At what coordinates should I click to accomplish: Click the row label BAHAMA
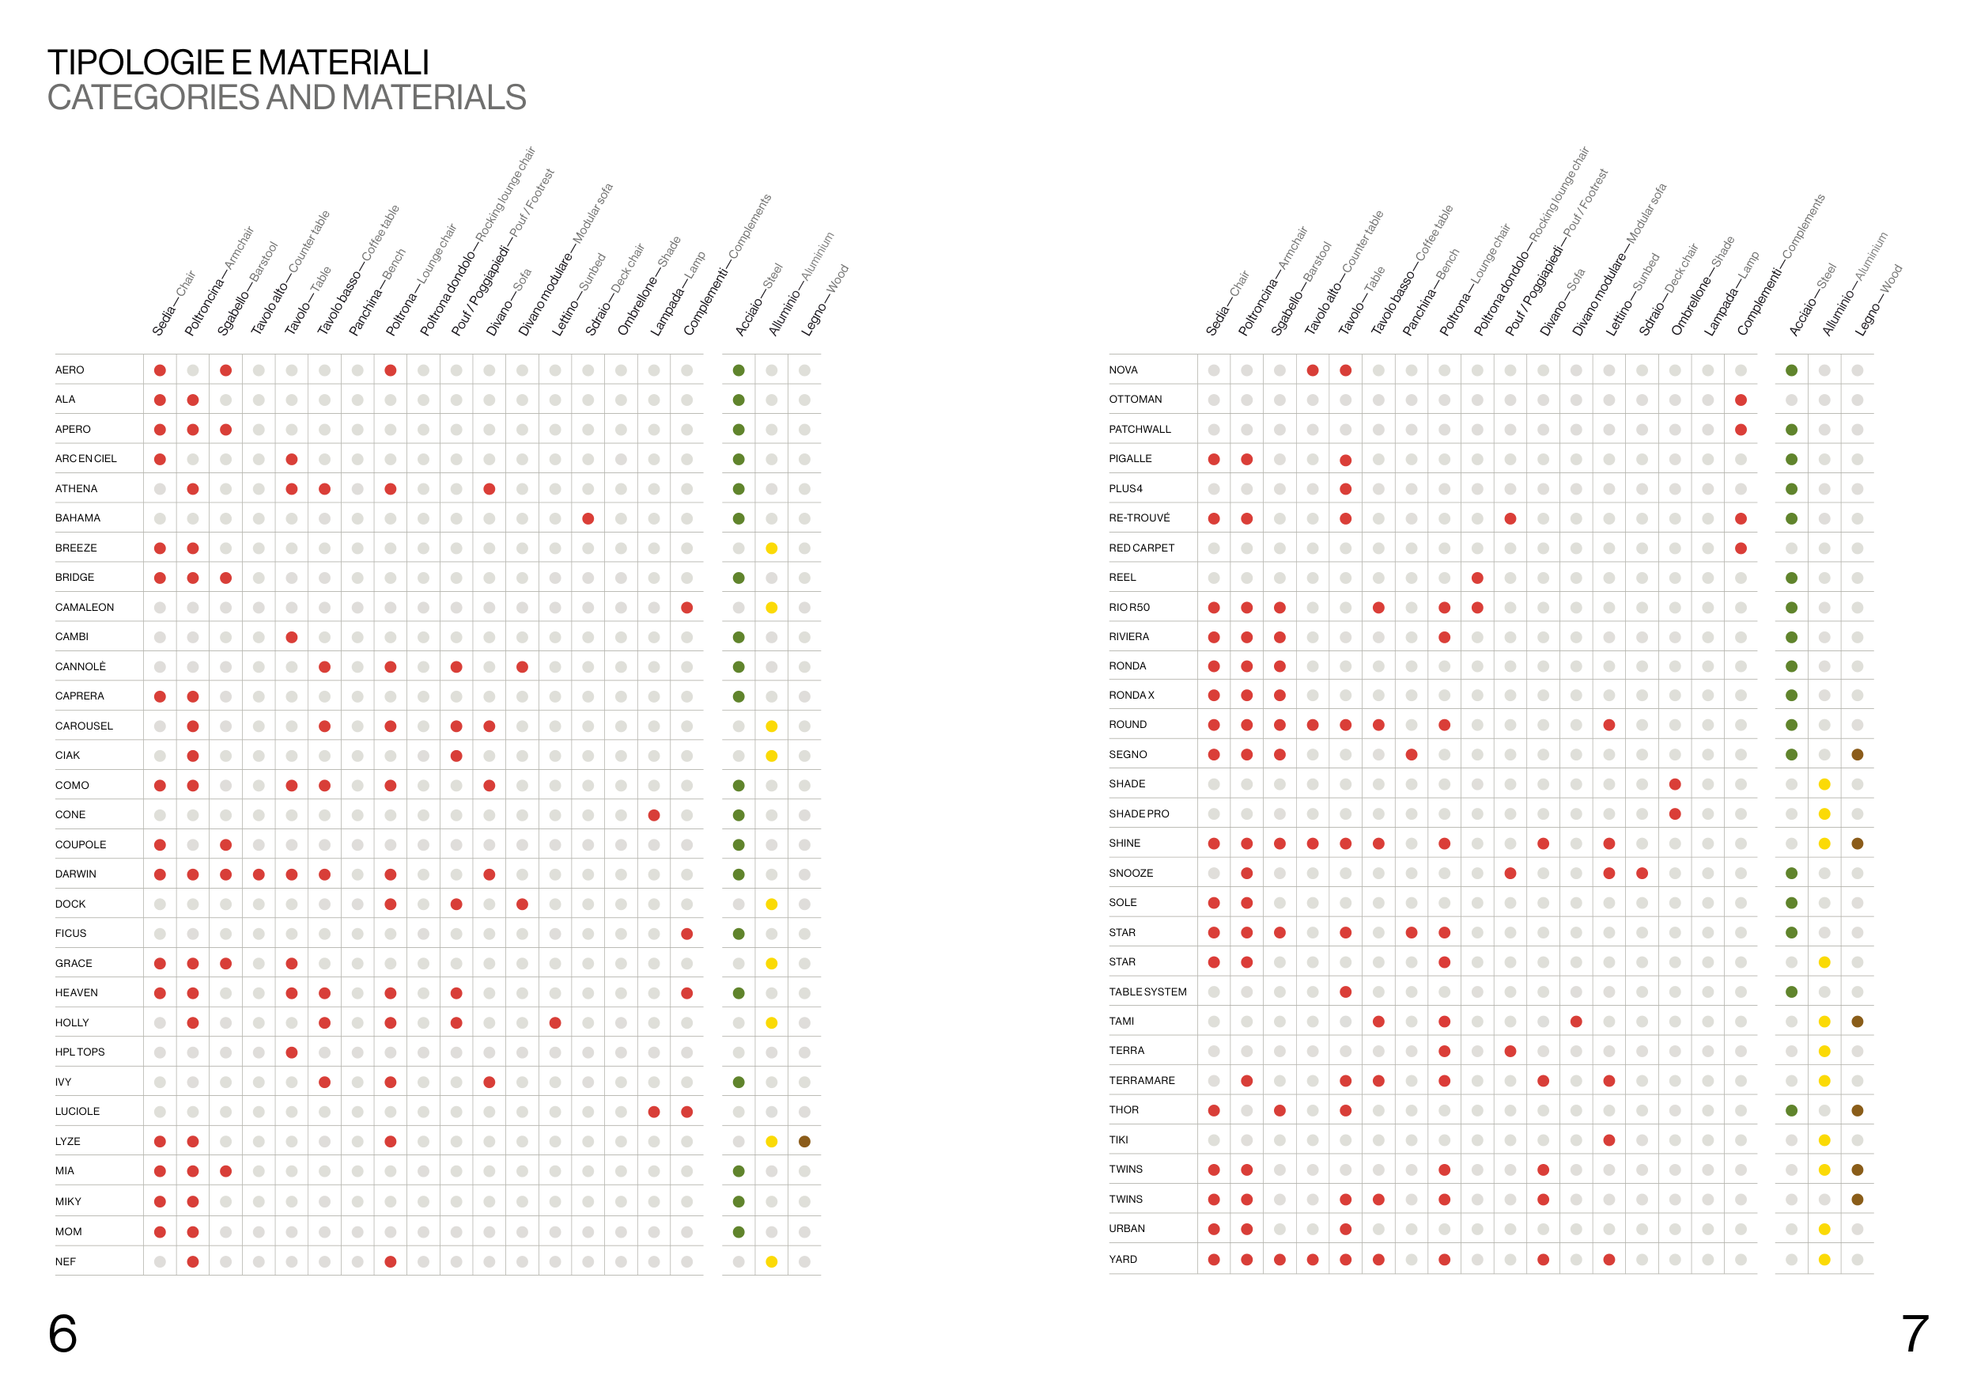(77, 518)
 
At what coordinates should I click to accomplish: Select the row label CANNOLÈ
(80, 667)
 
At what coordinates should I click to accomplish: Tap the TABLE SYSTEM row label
(1147, 991)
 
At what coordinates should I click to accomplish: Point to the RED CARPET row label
(1141, 548)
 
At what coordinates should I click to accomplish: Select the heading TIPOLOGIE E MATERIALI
(238, 62)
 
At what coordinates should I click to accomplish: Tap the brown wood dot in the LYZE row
(804, 1141)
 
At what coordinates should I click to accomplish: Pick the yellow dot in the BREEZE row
(772, 548)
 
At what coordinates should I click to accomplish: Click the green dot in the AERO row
(739, 370)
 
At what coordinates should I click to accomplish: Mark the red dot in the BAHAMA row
(588, 518)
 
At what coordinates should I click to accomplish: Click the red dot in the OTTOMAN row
(1741, 400)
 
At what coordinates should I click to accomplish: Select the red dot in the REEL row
(1477, 578)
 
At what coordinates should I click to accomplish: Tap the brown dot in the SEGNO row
(1858, 755)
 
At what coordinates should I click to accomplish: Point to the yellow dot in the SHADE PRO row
(1824, 814)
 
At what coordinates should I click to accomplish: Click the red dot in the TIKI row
(1609, 1140)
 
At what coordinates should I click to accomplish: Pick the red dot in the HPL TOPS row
(292, 1052)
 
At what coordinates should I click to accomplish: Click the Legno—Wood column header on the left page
(825, 301)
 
